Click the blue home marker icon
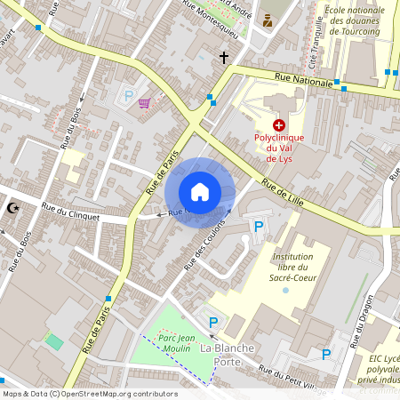tap(200, 192)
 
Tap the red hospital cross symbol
tap(279, 126)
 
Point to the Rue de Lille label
tap(283, 191)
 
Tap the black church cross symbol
tap(224, 58)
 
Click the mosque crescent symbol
tap(12, 207)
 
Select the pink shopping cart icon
tap(144, 104)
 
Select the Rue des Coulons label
tap(201, 245)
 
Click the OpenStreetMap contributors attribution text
tap(89, 394)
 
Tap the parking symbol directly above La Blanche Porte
tap(212, 322)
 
